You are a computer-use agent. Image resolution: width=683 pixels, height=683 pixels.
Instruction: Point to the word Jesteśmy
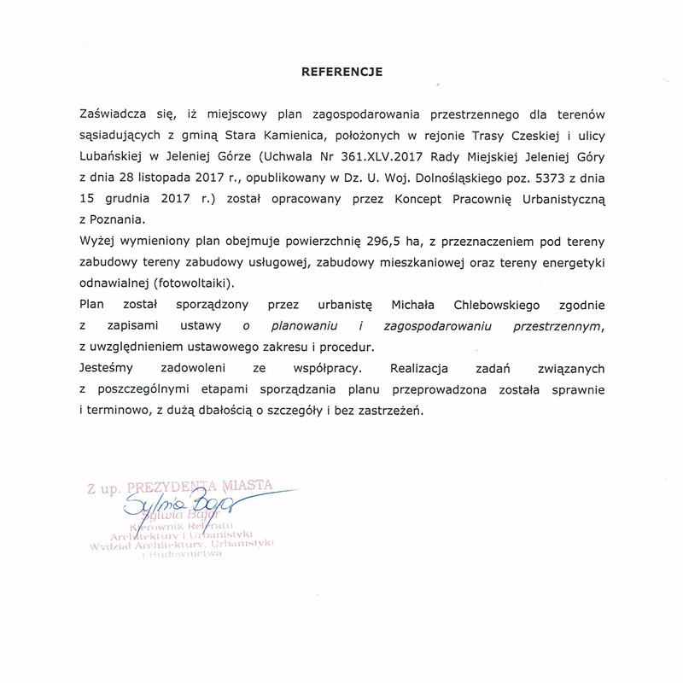click(x=106, y=368)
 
